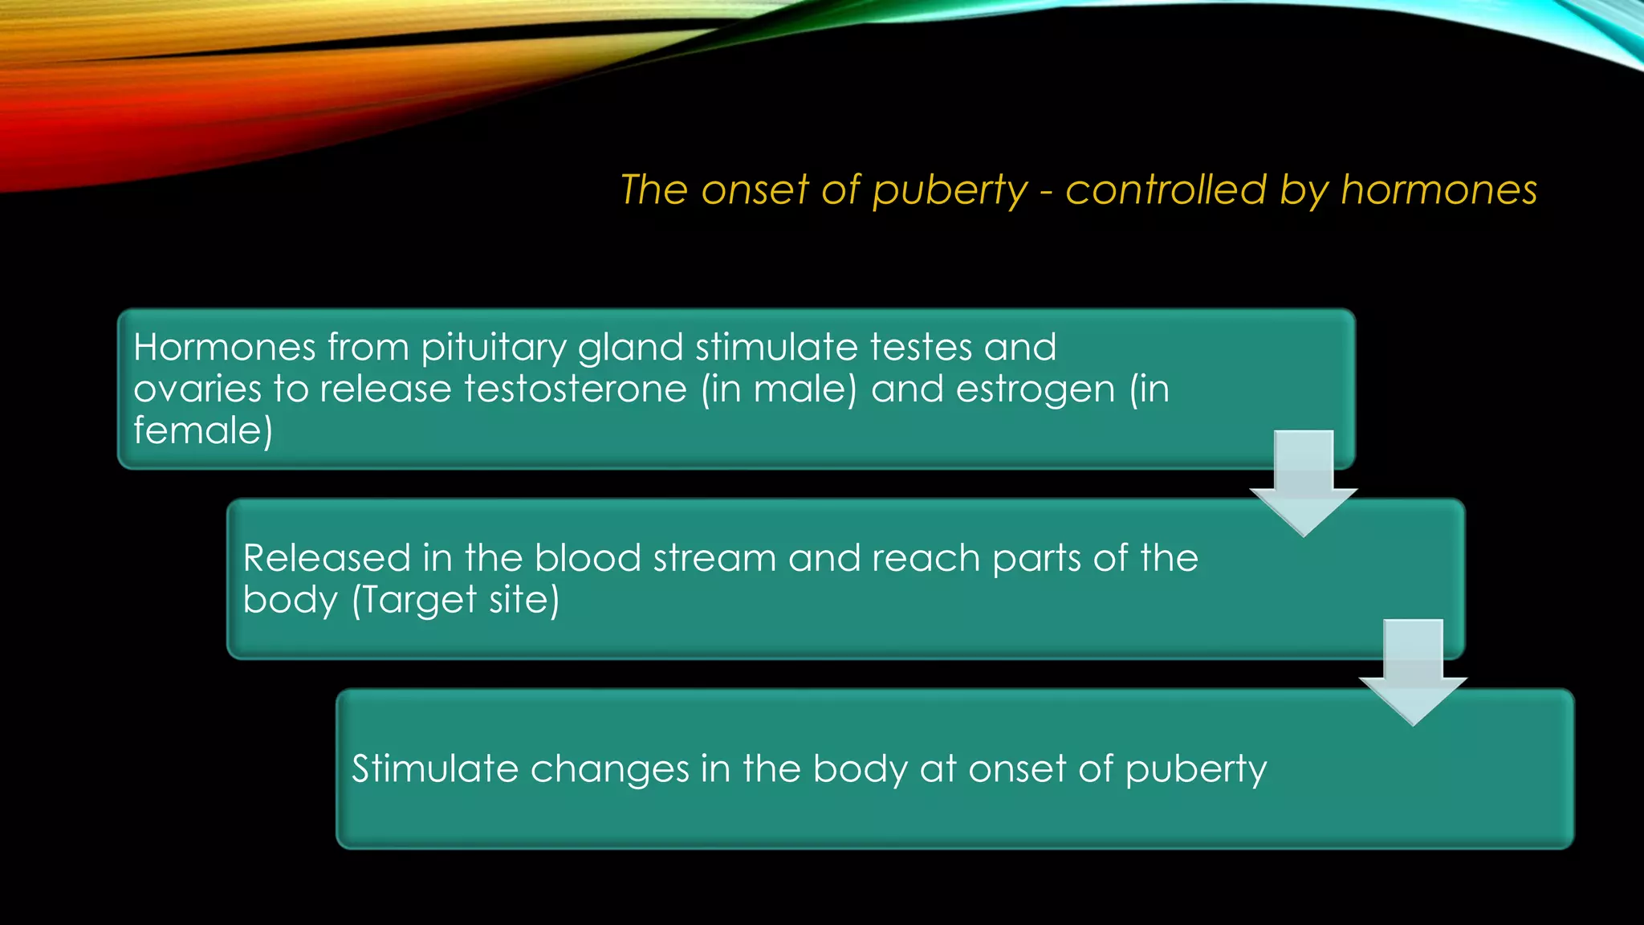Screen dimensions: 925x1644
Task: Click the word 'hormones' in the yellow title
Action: point(1438,191)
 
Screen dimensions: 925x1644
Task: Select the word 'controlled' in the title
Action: point(1166,190)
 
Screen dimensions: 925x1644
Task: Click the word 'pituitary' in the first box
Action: point(494,348)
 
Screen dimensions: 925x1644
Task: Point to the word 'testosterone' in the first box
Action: point(576,389)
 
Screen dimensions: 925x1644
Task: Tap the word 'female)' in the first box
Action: point(203,430)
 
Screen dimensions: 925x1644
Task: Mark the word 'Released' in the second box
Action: point(327,558)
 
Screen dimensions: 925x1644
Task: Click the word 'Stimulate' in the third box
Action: point(435,769)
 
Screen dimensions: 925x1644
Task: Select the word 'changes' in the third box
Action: point(609,769)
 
